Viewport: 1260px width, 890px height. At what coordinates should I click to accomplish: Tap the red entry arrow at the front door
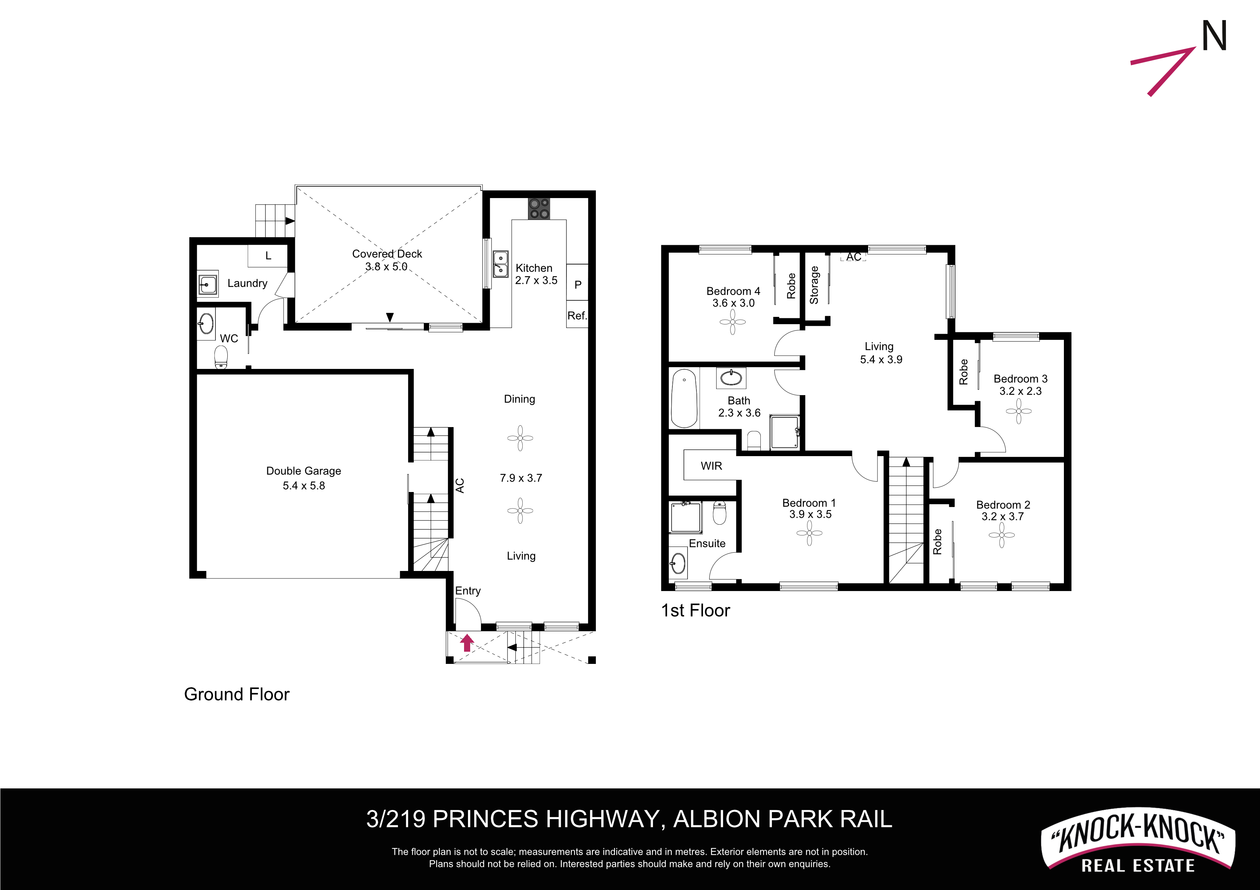[467, 642]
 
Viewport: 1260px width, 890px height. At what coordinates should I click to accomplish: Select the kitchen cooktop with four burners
[539, 209]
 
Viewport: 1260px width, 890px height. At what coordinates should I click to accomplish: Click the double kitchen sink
[500, 264]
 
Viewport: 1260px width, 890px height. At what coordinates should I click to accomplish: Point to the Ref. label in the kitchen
[577, 315]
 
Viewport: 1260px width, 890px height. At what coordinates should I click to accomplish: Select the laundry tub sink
[208, 285]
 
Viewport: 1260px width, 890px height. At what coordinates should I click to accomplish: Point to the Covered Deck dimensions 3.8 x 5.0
[386, 267]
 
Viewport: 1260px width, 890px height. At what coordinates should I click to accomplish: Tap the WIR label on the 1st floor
[711, 465]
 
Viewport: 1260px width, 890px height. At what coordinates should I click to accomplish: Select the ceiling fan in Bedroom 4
[733, 322]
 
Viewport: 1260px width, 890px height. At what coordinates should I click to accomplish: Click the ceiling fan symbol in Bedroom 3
[1019, 411]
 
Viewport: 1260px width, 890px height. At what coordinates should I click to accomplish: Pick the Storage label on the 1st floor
[814, 285]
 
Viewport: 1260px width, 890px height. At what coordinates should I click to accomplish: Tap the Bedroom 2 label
[1003, 505]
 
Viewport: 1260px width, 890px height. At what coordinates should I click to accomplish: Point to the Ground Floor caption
[237, 694]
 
